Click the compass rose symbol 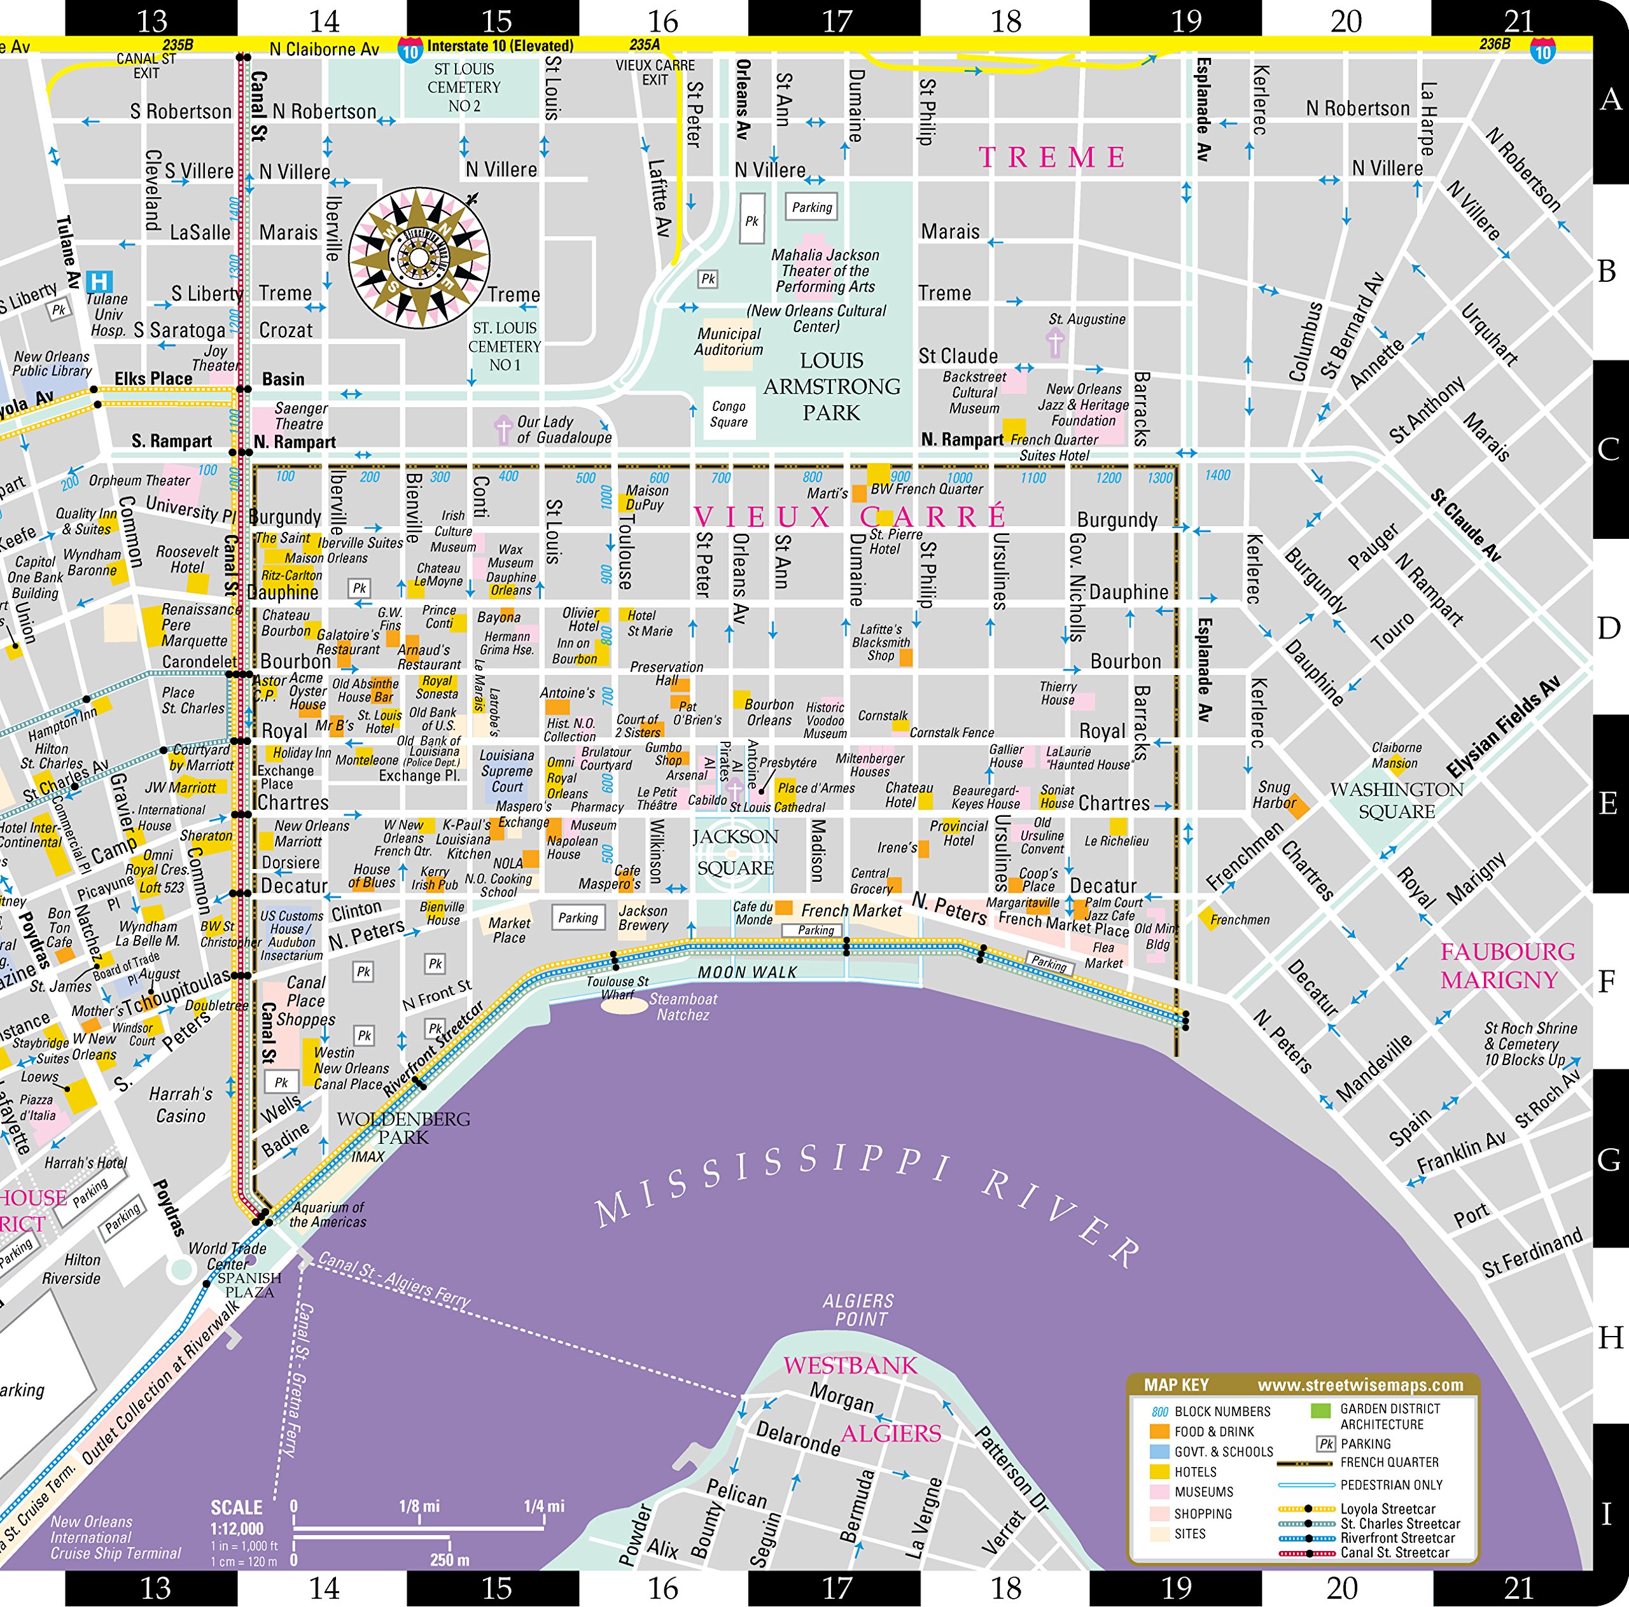(x=419, y=259)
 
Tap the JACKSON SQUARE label (x=735, y=852)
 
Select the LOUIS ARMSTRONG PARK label (x=832, y=386)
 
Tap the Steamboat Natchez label (x=683, y=1006)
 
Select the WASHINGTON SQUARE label (x=1396, y=800)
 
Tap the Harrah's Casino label (x=181, y=1104)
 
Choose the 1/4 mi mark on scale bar (x=544, y=1506)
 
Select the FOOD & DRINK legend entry (x=1213, y=1431)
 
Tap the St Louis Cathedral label (x=776, y=807)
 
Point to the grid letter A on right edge (x=1610, y=99)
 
